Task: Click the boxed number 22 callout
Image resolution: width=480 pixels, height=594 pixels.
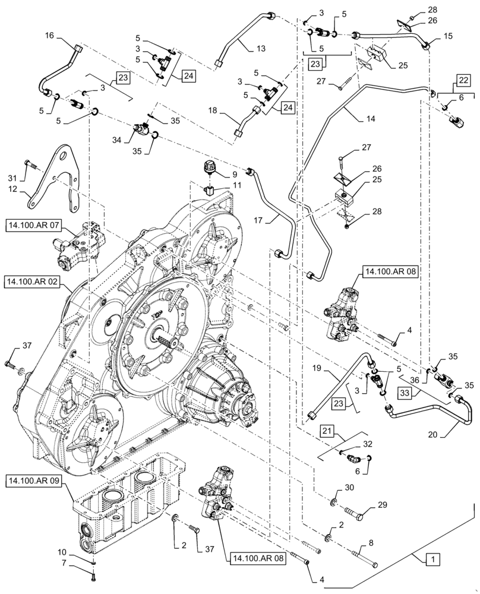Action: pyautogui.click(x=463, y=81)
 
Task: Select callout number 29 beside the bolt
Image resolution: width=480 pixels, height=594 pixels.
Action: pyautogui.click(x=381, y=505)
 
